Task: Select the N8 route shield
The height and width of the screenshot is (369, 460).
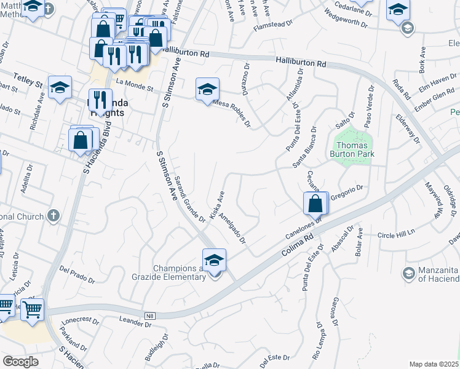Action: pyautogui.click(x=149, y=316)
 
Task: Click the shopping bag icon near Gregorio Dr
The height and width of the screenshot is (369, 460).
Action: pyautogui.click(x=315, y=204)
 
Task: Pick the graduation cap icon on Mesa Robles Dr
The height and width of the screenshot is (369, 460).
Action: pyautogui.click(x=207, y=89)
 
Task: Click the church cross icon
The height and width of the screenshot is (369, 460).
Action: pyautogui.click(x=54, y=216)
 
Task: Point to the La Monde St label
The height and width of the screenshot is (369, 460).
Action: pyautogui.click(x=133, y=84)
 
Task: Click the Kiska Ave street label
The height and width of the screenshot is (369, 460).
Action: pyautogui.click(x=217, y=204)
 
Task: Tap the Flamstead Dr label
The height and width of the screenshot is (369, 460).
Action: pyautogui.click(x=275, y=26)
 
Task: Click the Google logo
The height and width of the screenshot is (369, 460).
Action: pyautogui.click(x=20, y=362)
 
